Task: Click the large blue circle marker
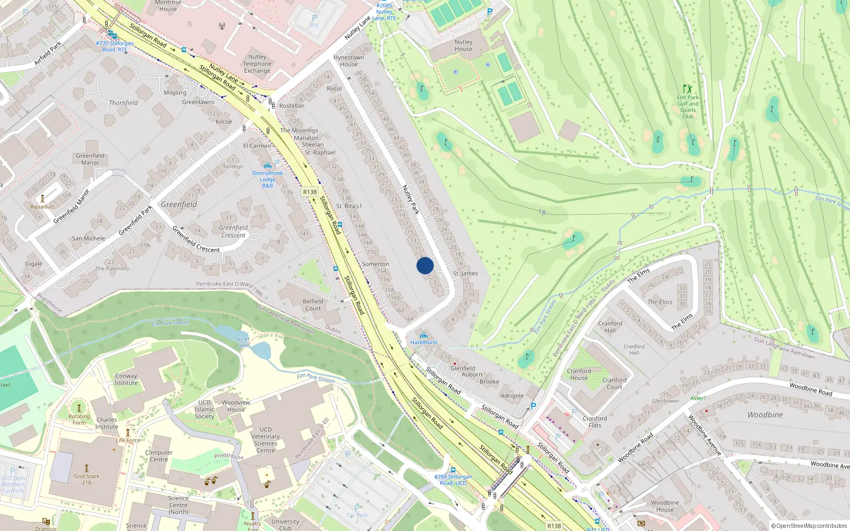tap(425, 265)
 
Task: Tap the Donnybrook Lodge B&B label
tap(268, 179)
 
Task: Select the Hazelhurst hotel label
tap(424, 342)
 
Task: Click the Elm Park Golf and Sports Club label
tap(688, 107)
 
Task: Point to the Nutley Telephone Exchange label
tap(257, 64)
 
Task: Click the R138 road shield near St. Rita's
tap(310, 192)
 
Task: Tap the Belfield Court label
tap(313, 305)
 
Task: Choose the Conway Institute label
tap(126, 379)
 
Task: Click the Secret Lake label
tap(242, 342)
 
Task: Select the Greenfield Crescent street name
tap(196, 239)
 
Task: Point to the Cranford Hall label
tap(610, 327)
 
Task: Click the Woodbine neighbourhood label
tap(765, 415)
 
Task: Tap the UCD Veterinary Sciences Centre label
tap(266, 440)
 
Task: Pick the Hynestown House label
tap(348, 61)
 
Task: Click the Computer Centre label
tap(159, 456)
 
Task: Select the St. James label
tap(465, 273)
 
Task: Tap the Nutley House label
tap(463, 45)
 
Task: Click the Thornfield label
tap(123, 103)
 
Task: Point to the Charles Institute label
tap(107, 423)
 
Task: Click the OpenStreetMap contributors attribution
tap(809, 526)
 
